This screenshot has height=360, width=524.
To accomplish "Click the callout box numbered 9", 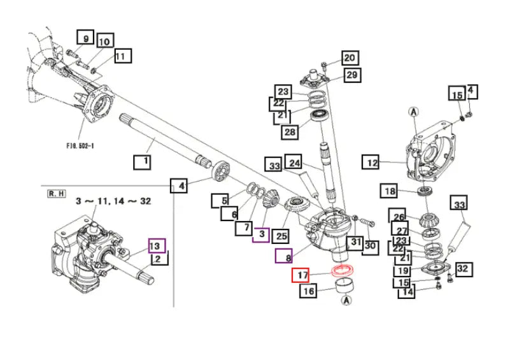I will pos(85,37).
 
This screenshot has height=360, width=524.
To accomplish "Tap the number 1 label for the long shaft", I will pos(143,162).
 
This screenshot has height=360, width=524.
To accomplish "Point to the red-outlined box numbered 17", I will pos(300,277).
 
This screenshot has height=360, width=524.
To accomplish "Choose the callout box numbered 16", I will pos(309,292).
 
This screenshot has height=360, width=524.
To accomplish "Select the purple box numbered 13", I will pos(157,245).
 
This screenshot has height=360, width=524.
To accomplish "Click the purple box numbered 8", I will pos(283,257).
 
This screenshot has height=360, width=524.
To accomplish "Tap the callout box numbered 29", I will pos(352,75).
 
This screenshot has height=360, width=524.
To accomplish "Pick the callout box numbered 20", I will pos(350,58).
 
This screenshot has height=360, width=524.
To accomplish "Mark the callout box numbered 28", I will pos(290,133).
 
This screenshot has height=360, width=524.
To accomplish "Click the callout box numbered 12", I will pos(372,162).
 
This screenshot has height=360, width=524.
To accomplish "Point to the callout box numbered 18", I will pos(390,191).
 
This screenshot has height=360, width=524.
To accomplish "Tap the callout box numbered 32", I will pos(462,270).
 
